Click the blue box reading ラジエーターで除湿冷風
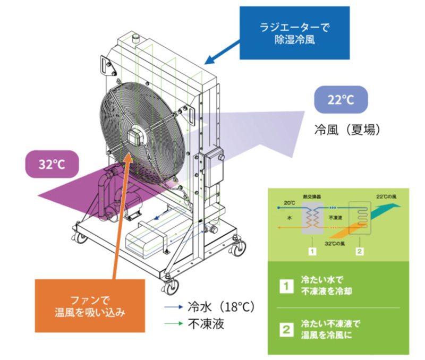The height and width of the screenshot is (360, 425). coord(294,32)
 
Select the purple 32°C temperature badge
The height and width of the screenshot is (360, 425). coord(52,164)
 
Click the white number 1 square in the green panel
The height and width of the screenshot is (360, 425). coord(286,286)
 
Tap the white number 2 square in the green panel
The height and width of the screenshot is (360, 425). coord(286,329)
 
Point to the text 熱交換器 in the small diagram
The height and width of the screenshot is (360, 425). coord(311,196)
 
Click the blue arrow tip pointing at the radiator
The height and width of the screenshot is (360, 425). coord(209,62)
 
